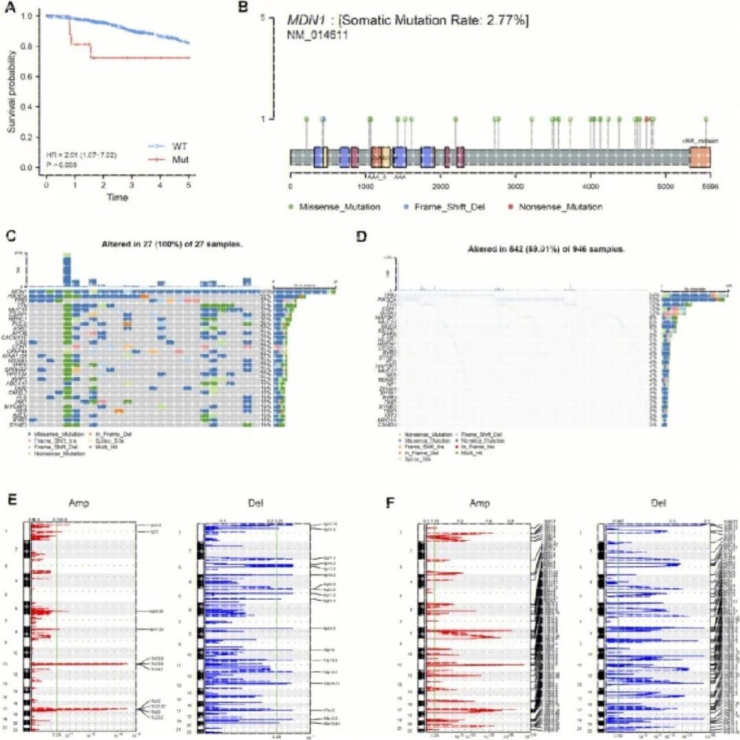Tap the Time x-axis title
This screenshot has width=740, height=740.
click(117, 198)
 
